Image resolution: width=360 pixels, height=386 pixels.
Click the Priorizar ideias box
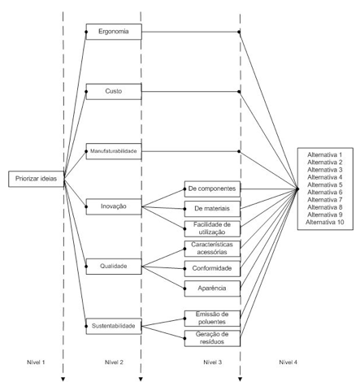(x=37, y=179)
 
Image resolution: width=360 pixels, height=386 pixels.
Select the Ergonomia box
(x=114, y=32)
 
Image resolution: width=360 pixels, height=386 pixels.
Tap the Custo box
(x=114, y=92)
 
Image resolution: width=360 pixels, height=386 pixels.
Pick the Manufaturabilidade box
(x=114, y=151)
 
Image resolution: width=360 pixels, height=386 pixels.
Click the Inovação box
(x=114, y=206)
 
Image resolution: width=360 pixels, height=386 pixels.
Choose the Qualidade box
(x=114, y=267)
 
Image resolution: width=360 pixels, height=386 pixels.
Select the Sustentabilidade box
(x=114, y=326)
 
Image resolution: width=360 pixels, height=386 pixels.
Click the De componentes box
(x=212, y=189)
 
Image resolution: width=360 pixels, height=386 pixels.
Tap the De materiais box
(x=212, y=209)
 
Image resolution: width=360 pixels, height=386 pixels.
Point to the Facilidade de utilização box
(x=212, y=228)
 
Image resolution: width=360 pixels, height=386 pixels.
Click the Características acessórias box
(x=212, y=249)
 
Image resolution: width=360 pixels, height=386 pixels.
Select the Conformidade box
(x=212, y=268)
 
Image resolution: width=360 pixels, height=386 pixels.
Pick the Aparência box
(x=212, y=288)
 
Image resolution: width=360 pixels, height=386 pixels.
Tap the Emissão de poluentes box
(x=212, y=319)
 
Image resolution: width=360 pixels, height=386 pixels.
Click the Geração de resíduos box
(x=212, y=338)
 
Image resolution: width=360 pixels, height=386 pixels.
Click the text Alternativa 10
(x=325, y=222)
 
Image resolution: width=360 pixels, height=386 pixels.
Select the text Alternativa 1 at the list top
(x=325, y=155)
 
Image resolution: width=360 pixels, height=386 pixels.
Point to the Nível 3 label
(x=213, y=362)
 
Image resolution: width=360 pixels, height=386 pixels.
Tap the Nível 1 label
(x=36, y=362)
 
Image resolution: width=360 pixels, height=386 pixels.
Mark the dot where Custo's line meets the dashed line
(x=239, y=92)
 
